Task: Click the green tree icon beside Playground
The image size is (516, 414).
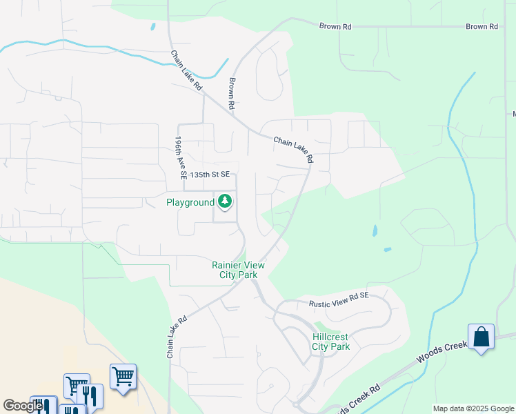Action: click(x=225, y=202)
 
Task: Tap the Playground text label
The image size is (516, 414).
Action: click(x=190, y=202)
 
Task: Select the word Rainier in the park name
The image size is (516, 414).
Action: click(x=229, y=265)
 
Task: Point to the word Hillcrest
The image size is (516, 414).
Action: click(x=330, y=337)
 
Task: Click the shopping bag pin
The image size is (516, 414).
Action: click(x=481, y=337)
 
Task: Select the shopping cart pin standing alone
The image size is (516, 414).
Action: click(x=123, y=377)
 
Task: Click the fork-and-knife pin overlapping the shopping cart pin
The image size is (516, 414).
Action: click(x=91, y=395)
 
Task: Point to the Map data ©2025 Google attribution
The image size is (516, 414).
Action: click(x=473, y=408)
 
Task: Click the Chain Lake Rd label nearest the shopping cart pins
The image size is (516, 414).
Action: click(x=177, y=337)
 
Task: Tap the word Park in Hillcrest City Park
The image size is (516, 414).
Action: click(x=341, y=346)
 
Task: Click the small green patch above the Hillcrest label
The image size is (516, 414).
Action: click(x=319, y=325)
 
